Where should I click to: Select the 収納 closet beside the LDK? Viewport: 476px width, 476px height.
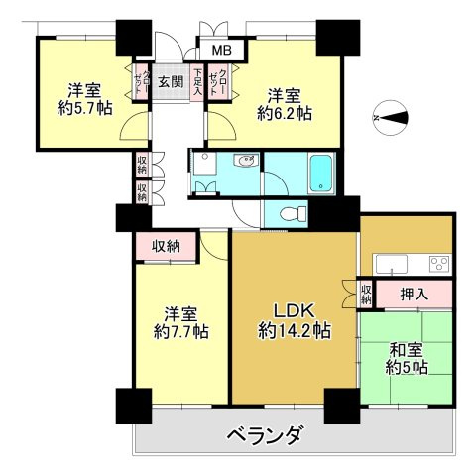tap(365, 294)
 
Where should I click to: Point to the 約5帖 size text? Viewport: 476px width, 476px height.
tap(408, 368)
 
